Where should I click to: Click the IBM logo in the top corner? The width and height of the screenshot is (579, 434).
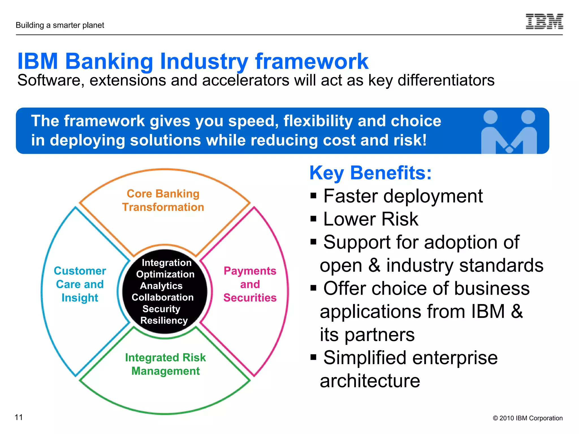pyautogui.click(x=544, y=21)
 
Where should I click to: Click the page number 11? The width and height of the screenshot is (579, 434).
pyautogui.click(x=19, y=417)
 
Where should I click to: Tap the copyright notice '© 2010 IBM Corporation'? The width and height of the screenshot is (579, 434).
pyautogui.click(x=528, y=418)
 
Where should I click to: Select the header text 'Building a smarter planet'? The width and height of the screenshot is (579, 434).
pyautogui.click(x=60, y=25)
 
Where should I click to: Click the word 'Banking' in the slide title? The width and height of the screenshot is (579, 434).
pyautogui.click(x=109, y=61)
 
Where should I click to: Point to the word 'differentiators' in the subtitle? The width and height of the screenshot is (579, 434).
pyautogui.click(x=446, y=80)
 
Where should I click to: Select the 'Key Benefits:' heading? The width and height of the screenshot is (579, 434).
pyautogui.click(x=370, y=173)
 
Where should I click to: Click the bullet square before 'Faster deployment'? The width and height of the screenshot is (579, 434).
pyautogui.click(x=313, y=196)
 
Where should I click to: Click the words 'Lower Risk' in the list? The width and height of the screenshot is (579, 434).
pyautogui.click(x=370, y=219)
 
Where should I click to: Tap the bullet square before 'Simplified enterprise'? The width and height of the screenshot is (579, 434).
pyautogui.click(x=313, y=357)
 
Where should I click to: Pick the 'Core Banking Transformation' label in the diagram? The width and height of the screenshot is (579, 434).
pyautogui.click(x=163, y=200)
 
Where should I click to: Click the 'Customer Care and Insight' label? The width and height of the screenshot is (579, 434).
pyautogui.click(x=80, y=284)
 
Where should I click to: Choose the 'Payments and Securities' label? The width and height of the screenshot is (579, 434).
pyautogui.click(x=250, y=284)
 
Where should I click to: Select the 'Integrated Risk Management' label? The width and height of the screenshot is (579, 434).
pyautogui.click(x=165, y=364)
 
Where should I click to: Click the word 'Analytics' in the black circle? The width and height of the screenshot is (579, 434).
pyautogui.click(x=161, y=286)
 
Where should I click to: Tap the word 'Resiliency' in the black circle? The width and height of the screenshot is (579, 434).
pyautogui.click(x=164, y=321)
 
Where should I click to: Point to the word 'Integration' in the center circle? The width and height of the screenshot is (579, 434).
pyautogui.click(x=167, y=263)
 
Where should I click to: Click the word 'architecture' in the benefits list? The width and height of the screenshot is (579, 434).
pyautogui.click(x=370, y=381)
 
